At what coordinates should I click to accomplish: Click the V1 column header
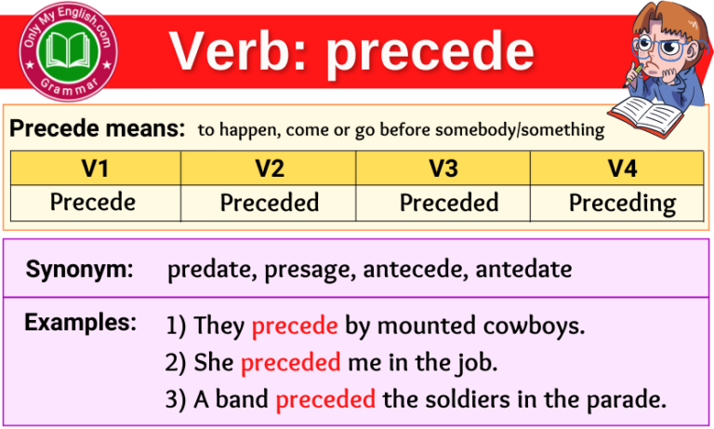pyautogui.click(x=95, y=168)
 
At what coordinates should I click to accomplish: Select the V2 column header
pyautogui.click(x=269, y=168)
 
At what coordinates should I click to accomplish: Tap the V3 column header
pyautogui.click(x=443, y=168)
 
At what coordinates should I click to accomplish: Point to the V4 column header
pyautogui.click(x=616, y=168)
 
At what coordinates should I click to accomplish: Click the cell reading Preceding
pyautogui.click(x=622, y=203)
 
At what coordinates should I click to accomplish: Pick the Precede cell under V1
pyautogui.click(x=93, y=203)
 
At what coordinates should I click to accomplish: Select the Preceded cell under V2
pyautogui.click(x=270, y=203)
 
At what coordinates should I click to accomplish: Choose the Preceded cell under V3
pyautogui.click(x=449, y=203)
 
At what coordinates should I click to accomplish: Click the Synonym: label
pyautogui.click(x=80, y=270)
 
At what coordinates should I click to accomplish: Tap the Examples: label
pyautogui.click(x=81, y=323)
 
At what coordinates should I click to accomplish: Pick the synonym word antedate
pyautogui.click(x=529, y=270)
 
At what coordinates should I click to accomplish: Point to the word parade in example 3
pyautogui.click(x=629, y=400)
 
